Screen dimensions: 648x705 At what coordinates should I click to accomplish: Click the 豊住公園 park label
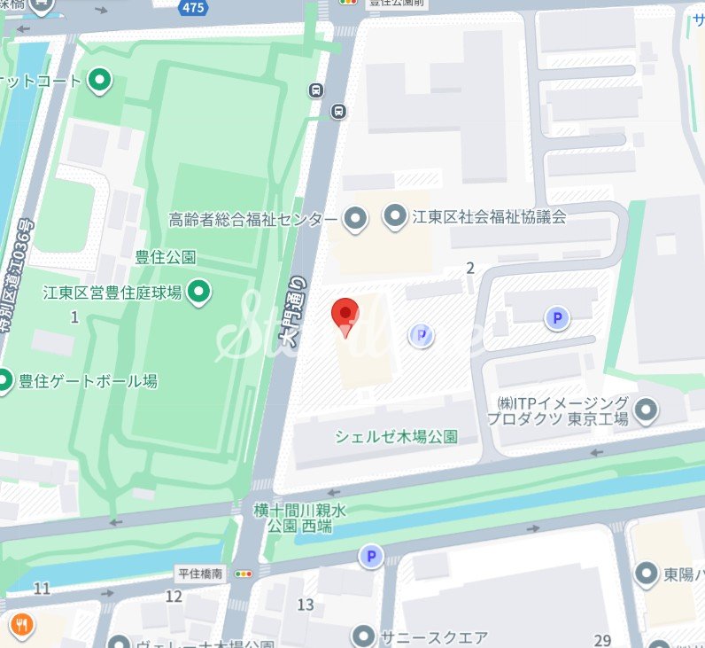coord(166,258)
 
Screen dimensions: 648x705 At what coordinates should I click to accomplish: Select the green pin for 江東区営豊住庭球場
coord(200,291)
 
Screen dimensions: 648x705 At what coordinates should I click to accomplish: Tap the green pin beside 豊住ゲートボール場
coord(4,381)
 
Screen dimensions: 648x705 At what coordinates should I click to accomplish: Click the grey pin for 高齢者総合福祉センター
coord(355,218)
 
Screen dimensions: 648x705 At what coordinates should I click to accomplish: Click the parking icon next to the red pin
coord(421,335)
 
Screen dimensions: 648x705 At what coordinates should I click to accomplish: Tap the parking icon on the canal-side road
coord(370,557)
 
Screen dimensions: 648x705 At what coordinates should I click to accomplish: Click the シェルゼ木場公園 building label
coord(396,436)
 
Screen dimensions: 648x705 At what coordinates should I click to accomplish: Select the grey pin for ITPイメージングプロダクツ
coord(647,410)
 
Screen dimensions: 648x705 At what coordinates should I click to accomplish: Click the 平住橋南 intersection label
coord(201,574)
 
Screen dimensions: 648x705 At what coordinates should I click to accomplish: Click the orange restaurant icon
coord(21,626)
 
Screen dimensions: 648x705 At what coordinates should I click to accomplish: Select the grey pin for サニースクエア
coord(363,636)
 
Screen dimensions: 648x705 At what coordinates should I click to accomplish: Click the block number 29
coord(604,641)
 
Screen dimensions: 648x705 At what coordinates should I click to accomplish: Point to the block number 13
coord(306,605)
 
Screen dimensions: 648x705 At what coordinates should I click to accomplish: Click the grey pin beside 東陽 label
coord(647,573)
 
